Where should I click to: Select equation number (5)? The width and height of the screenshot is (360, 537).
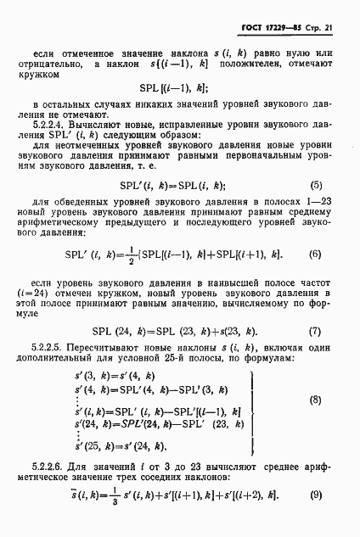coord(315,209)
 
